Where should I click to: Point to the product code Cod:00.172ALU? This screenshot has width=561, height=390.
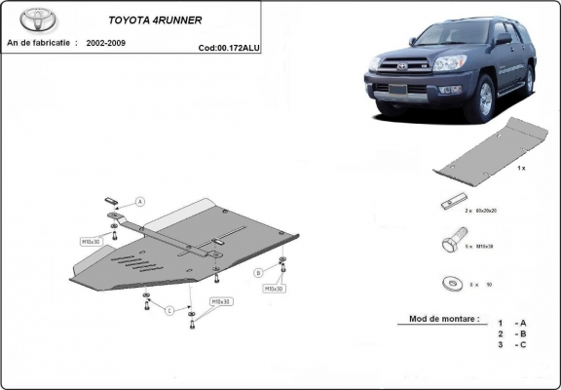(229, 46)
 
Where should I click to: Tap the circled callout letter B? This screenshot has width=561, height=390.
(258, 272)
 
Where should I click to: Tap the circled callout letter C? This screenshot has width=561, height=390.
(168, 311)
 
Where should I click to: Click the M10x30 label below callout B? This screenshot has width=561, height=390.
(273, 289)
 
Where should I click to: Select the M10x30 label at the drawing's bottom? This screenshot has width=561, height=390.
(221, 302)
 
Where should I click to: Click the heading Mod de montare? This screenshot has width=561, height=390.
(438, 319)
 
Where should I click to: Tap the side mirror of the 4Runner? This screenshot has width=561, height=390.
(503, 42)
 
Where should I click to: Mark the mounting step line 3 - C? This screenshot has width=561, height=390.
(510, 344)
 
